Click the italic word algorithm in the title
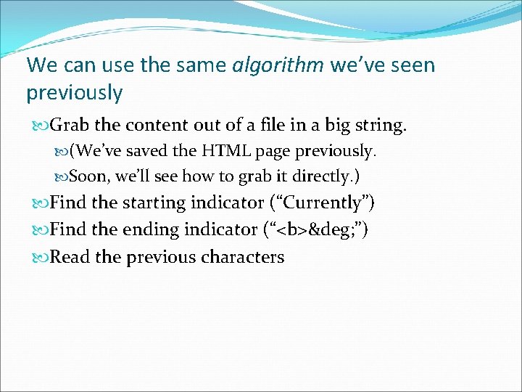click(x=278, y=65)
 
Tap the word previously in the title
click(x=75, y=93)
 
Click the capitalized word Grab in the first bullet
click(x=70, y=126)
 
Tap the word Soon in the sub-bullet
click(x=86, y=176)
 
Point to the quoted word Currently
click(x=320, y=203)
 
